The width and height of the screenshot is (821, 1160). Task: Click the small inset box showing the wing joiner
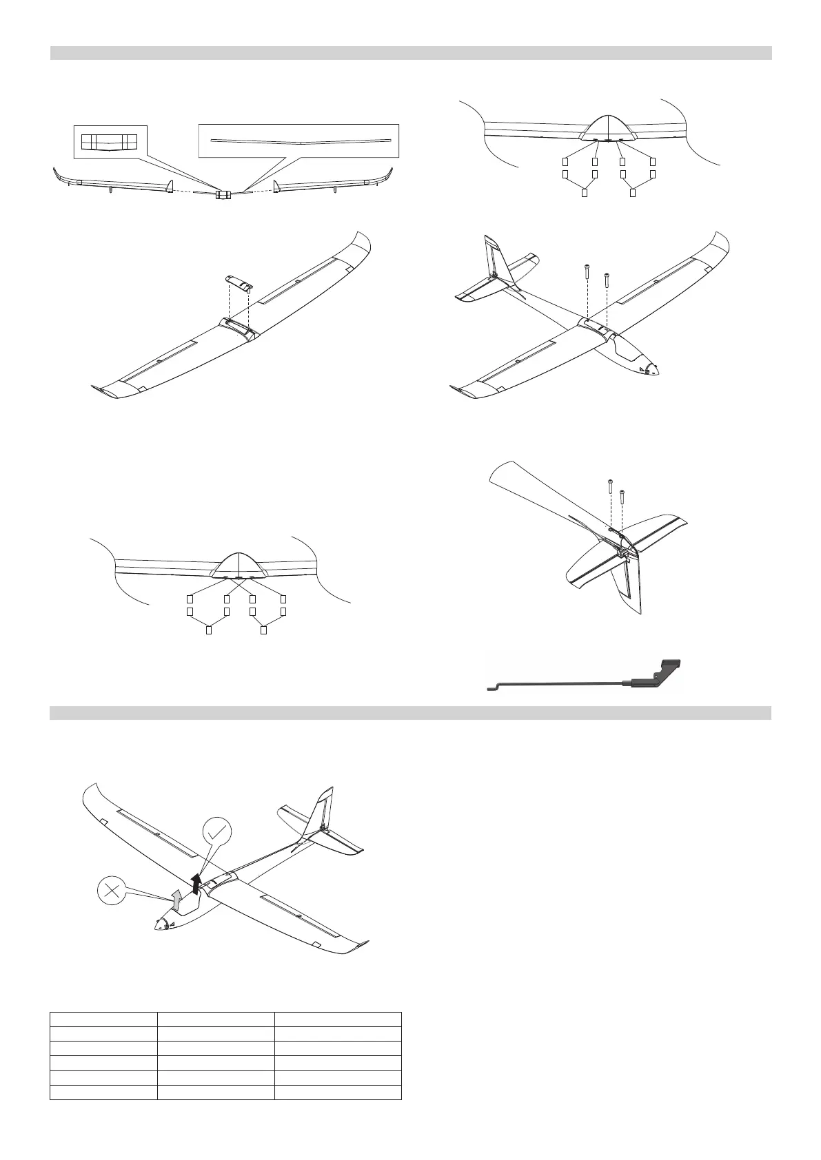110,142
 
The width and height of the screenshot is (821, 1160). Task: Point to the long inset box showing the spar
298,141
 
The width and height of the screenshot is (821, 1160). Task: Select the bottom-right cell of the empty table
338,1092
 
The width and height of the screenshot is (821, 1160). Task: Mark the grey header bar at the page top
411,53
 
